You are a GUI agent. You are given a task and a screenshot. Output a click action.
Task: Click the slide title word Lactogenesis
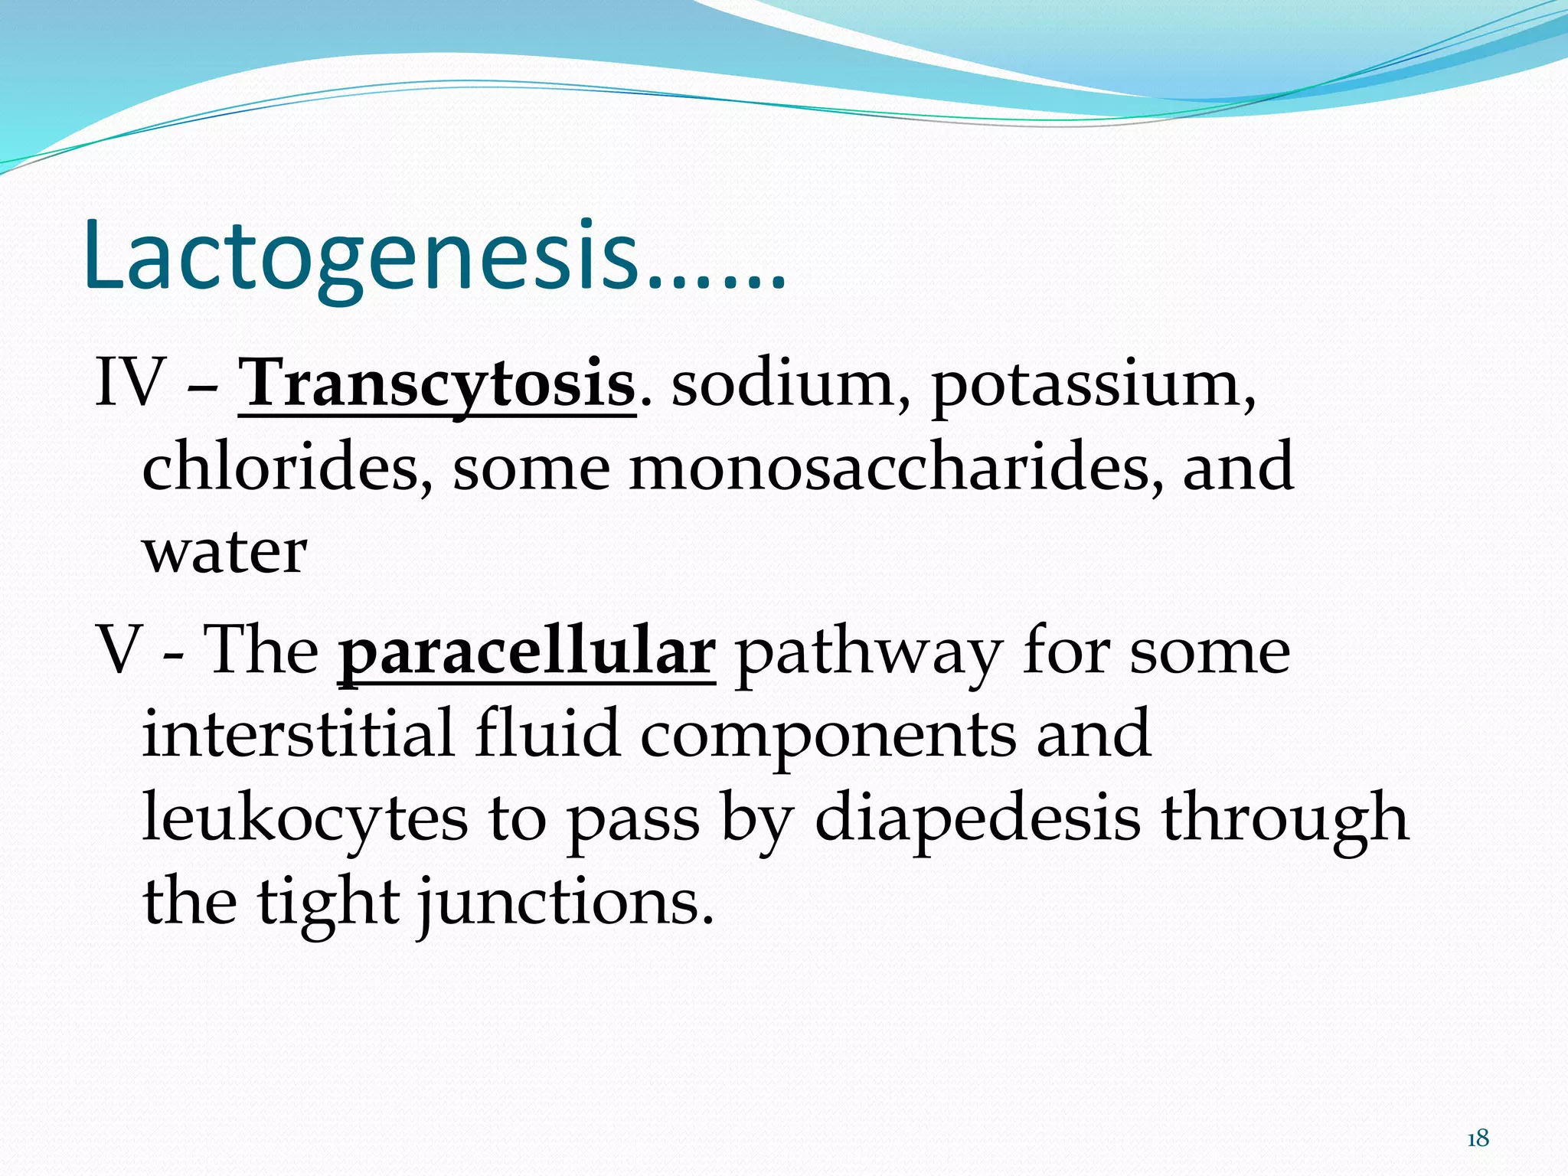(360, 256)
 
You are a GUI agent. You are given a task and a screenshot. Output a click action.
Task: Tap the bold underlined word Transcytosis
(436, 384)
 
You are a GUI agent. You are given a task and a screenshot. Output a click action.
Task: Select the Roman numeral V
(119, 651)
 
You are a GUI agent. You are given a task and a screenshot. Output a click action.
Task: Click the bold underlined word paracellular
(527, 652)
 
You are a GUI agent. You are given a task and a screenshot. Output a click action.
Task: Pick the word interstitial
(298, 733)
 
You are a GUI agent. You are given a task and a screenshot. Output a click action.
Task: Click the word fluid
(546, 733)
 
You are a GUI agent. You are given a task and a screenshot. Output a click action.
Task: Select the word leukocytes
(305, 818)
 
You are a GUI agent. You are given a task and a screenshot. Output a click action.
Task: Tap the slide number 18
(1478, 1139)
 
